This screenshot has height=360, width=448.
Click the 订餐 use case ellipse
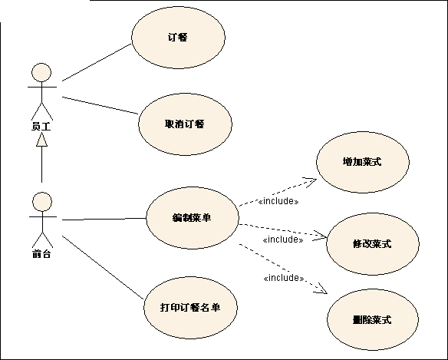[178, 38]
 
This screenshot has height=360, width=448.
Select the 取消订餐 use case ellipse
[185, 124]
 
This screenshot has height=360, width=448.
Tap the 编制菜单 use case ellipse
[193, 218]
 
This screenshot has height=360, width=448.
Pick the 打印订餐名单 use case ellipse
[190, 308]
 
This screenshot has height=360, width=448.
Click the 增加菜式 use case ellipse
[363, 162]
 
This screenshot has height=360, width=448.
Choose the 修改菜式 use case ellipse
[373, 244]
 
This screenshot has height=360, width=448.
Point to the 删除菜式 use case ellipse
[373, 319]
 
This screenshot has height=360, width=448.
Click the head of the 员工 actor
[41, 73]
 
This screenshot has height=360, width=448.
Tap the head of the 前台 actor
[42, 202]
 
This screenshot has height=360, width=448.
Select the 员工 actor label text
[41, 127]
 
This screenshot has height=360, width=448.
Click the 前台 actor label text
[41, 253]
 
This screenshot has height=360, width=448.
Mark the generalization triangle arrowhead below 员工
[41, 140]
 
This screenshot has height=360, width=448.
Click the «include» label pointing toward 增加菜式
[278, 201]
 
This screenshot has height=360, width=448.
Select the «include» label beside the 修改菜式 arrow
[283, 239]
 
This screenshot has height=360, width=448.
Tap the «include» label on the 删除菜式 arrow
[283, 278]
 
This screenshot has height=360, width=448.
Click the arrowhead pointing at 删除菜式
[321, 289]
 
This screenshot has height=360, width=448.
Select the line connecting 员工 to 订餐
[97, 63]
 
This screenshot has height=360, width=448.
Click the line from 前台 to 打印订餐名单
[103, 267]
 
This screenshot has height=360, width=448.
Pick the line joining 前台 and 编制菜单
[104, 219]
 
